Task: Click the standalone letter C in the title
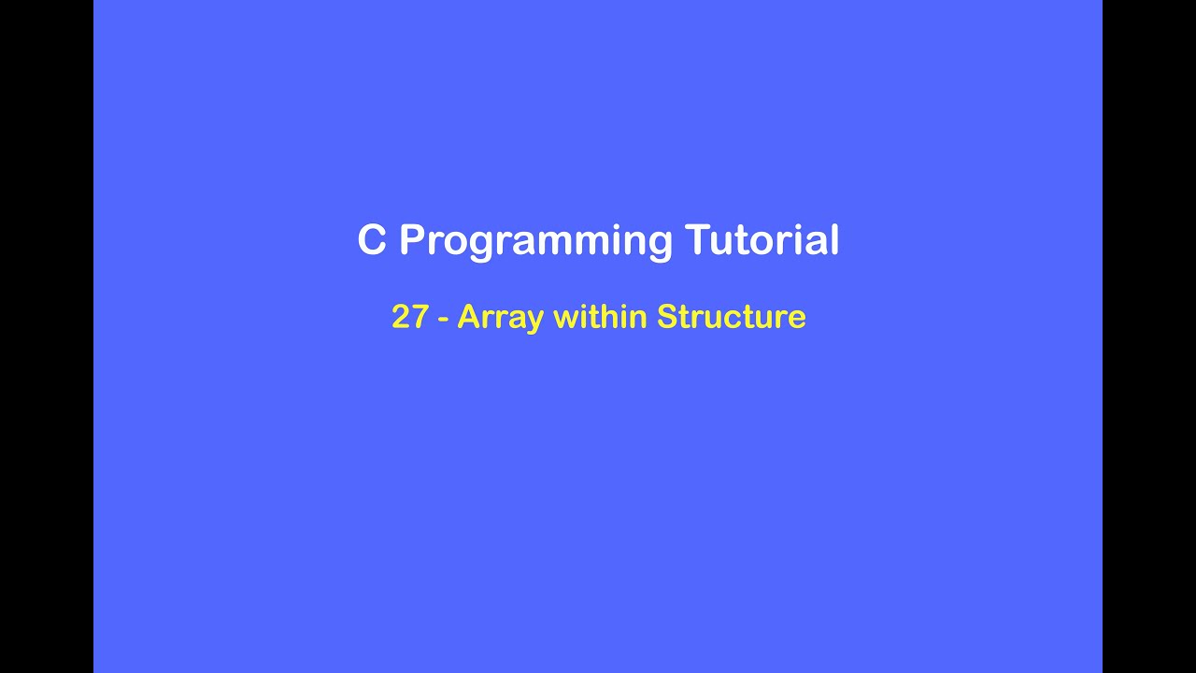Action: coord(372,240)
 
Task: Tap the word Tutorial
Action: coord(762,240)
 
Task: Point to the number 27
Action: coord(410,317)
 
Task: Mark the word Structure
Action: coord(731,317)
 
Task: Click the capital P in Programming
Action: coord(412,240)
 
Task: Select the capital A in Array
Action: coord(468,317)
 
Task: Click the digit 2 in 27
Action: coord(401,317)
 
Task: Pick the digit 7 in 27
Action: coord(420,317)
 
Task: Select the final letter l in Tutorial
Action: coord(833,239)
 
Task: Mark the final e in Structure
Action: coord(797,320)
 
